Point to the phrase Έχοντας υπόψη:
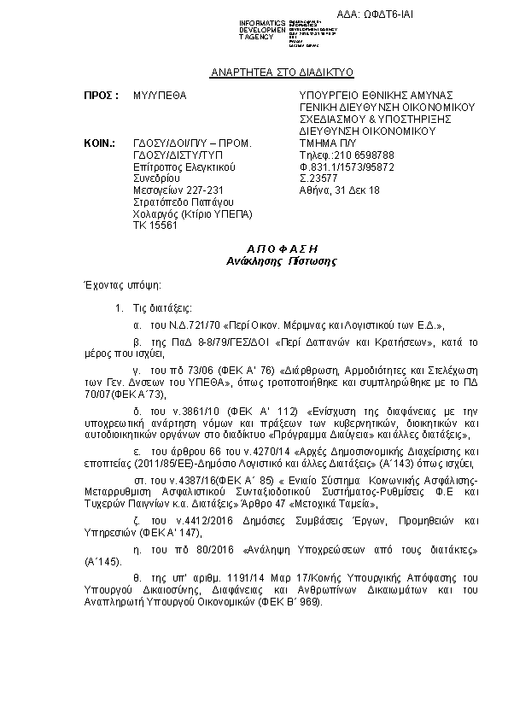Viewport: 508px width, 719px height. [118, 284]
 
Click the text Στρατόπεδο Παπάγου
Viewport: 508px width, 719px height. [180, 202]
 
